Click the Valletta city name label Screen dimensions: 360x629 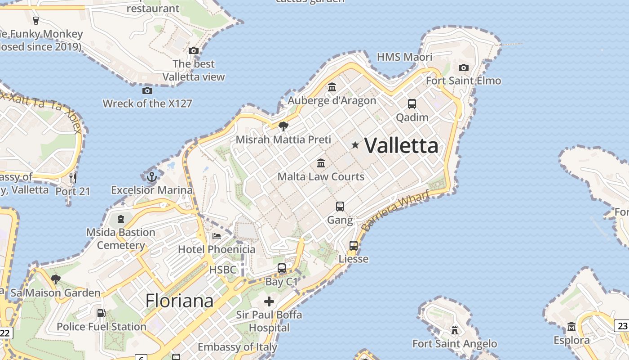point(401,145)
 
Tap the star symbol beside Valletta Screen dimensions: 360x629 point(355,145)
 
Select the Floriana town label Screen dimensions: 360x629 point(179,301)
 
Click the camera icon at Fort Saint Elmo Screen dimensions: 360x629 point(464,68)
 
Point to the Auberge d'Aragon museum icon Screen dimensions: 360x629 point(332,87)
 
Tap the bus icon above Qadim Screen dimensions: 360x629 point(412,104)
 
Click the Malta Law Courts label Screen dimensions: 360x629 point(321,176)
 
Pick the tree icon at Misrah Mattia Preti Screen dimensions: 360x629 point(283,126)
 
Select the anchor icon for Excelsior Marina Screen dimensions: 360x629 point(151,176)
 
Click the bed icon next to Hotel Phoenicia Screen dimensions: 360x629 point(216,236)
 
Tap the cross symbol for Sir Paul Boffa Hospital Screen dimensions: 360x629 point(269,301)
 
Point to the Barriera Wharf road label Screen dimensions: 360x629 point(395,211)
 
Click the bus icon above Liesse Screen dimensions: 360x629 point(354,246)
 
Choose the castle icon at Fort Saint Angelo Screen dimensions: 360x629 point(455,331)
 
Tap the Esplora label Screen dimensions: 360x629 point(571,340)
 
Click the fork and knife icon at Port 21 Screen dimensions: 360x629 point(73,178)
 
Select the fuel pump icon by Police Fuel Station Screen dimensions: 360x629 point(102,313)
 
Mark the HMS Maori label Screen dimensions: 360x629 point(404,57)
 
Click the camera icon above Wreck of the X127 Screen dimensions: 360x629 point(147,90)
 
